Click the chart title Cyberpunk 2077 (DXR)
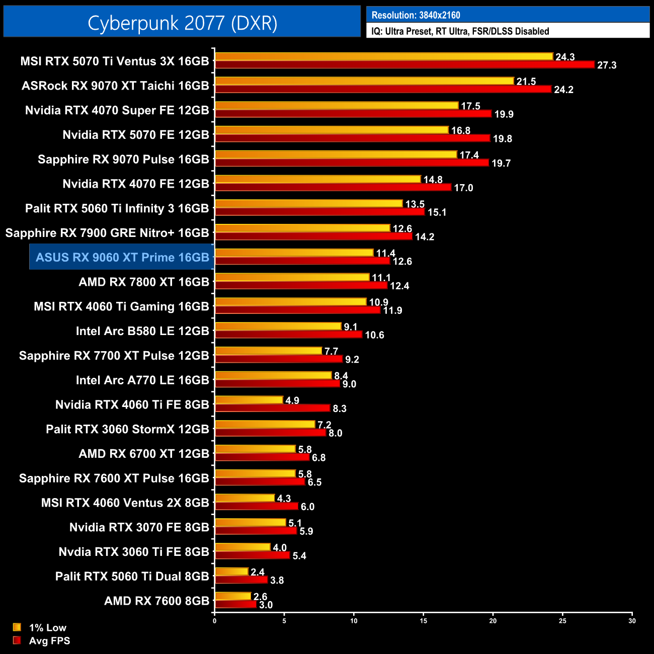click(x=182, y=23)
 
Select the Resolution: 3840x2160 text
click(x=416, y=15)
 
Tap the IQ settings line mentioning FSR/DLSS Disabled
click(x=460, y=31)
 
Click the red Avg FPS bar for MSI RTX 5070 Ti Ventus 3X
click(x=404, y=64)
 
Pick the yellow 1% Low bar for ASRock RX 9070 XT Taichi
click(x=364, y=81)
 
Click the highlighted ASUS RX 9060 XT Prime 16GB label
click(x=122, y=257)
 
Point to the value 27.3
click(x=607, y=65)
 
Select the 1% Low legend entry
click(x=47, y=627)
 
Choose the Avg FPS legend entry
click(x=49, y=640)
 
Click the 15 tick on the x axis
click(x=424, y=621)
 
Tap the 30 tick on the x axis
click(x=632, y=621)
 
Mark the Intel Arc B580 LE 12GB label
click(x=142, y=331)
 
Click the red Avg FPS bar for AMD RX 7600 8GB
click(x=235, y=604)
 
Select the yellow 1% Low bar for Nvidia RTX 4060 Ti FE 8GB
click(x=249, y=400)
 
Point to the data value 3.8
click(x=277, y=581)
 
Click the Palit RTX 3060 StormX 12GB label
click(x=127, y=429)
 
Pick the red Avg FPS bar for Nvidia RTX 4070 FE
click(x=333, y=187)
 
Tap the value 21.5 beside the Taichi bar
click(x=526, y=81)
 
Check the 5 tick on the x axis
click(x=284, y=621)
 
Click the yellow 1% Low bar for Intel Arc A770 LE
click(x=273, y=375)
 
